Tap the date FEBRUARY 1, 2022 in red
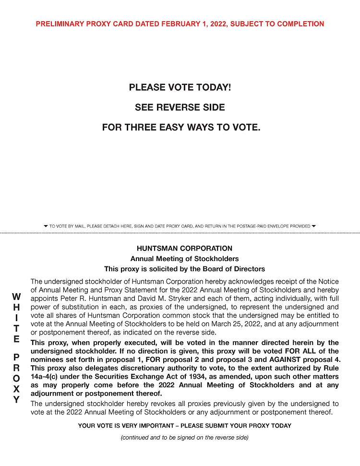pos(185,24)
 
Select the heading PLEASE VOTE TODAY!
pos(180,88)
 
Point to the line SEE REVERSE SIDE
pos(180,108)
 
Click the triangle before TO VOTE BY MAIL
pos(46,226)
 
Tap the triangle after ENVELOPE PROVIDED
pos(314,226)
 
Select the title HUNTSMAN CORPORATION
pos(184,249)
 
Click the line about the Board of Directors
pos(184,269)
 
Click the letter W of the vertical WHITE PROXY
pos(16,297)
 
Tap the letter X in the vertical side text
pos(16,389)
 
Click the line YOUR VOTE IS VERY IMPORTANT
pos(184,426)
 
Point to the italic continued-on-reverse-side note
pos(184,438)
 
